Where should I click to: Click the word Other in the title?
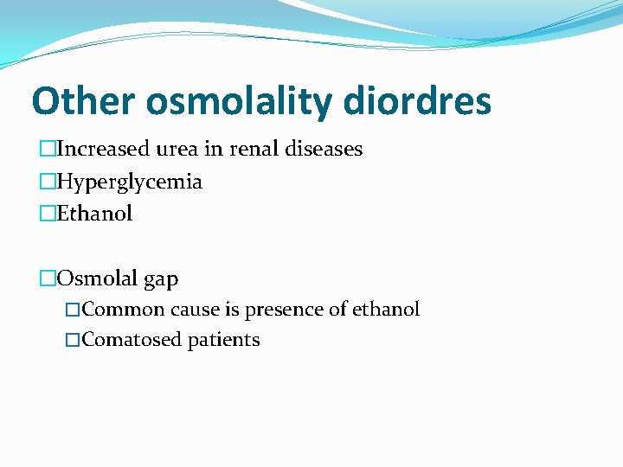(84, 101)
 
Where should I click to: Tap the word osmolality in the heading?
(239, 101)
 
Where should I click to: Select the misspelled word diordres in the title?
(417, 101)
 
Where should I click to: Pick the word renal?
(252, 149)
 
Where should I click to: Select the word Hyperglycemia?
(129, 182)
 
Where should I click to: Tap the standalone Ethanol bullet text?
(94, 214)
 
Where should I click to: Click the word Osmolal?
(97, 278)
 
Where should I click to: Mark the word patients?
(228, 340)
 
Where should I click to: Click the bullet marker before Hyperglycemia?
(47, 182)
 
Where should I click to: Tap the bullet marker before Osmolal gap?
(47, 278)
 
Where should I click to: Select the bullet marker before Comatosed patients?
(73, 340)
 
